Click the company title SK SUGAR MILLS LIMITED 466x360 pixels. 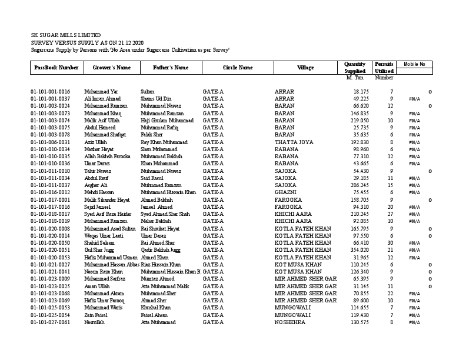pos(65,35)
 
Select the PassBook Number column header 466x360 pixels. pos(56,68)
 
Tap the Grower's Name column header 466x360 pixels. pos(112,68)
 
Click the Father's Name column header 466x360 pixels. pos(171,68)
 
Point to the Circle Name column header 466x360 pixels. pos(238,68)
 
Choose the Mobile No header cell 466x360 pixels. pos(414,64)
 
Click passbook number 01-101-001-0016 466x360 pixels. pos(50,92)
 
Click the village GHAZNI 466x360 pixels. pos(285,192)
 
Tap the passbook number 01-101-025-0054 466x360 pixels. pos(50,315)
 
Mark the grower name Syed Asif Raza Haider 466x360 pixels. pos(108,214)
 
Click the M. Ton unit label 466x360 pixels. pos(355,78)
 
